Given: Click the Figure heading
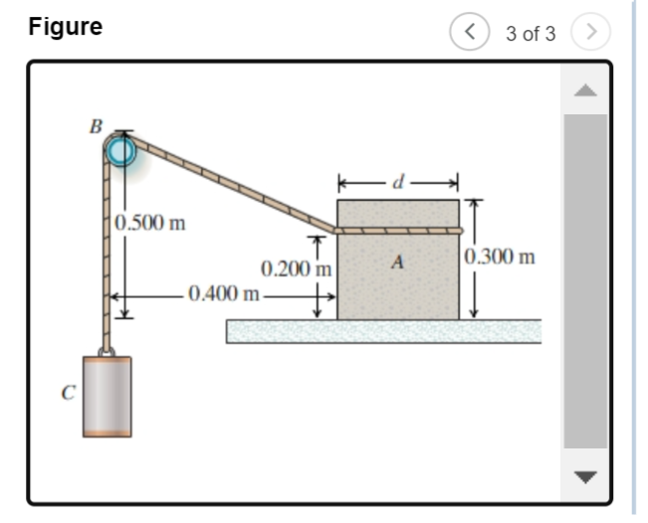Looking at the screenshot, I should pos(66,27).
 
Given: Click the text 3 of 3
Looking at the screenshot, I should pos(530,34).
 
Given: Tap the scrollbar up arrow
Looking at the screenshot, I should pos(585,90).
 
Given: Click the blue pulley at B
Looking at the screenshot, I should pos(120,152).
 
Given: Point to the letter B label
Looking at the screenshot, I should pos(96,127).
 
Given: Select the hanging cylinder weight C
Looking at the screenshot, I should pos(107,395).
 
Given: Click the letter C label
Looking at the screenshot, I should pos(68,393).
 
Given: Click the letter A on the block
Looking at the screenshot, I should pos(398,263).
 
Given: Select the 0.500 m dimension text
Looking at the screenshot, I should pos(150,222).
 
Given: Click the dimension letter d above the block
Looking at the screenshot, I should pos(399,182).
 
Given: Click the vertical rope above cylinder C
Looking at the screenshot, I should pos(106,259).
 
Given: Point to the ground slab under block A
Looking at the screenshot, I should pos(383,331).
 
